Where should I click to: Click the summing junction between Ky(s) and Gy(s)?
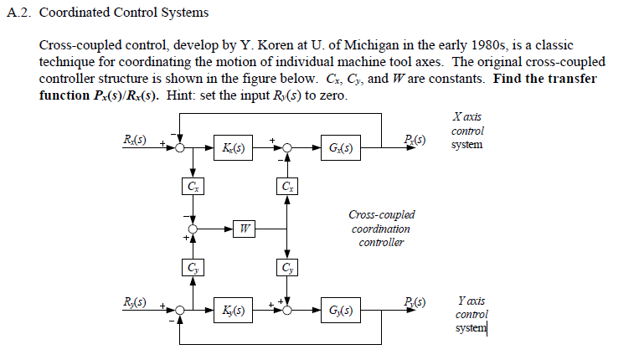point(288,311)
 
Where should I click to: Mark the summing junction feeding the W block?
point(194,228)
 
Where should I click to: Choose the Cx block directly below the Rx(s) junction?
point(193,185)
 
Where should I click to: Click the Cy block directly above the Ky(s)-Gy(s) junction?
point(288,268)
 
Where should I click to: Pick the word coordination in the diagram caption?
point(381,229)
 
